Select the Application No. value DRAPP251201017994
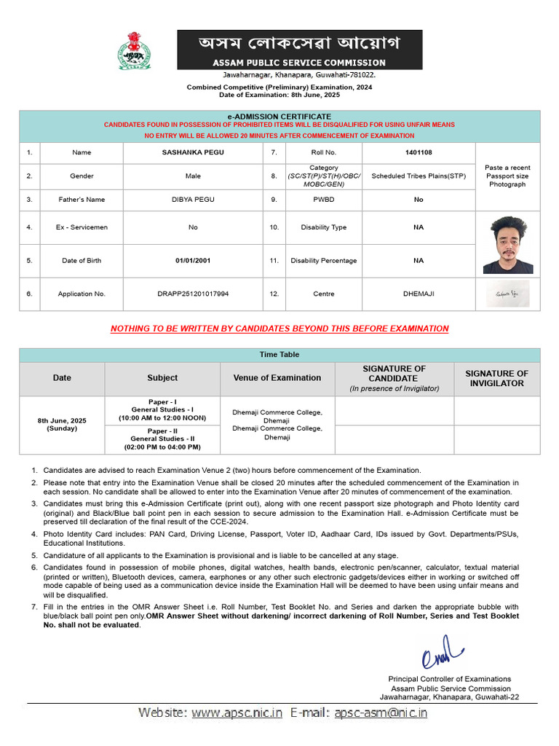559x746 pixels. (x=193, y=294)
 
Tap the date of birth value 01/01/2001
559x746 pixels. (x=193, y=260)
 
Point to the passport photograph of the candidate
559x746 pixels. (x=507, y=246)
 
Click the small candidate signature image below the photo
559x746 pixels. (x=507, y=294)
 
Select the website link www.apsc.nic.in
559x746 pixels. (x=237, y=712)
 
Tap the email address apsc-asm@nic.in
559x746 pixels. (x=381, y=712)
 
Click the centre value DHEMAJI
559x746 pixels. (x=418, y=294)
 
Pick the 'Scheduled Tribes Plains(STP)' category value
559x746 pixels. (x=418, y=176)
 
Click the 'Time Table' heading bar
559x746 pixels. (x=279, y=355)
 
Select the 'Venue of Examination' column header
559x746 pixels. (x=277, y=378)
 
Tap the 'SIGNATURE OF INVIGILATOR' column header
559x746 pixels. (x=496, y=378)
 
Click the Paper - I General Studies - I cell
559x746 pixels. (x=162, y=410)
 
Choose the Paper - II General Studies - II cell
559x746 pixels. (x=162, y=439)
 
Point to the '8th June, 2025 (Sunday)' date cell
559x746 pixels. (x=62, y=425)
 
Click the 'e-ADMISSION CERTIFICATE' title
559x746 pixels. (x=279, y=117)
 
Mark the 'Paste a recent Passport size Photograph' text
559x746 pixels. (x=507, y=176)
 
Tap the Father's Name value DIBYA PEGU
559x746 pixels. (x=193, y=200)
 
